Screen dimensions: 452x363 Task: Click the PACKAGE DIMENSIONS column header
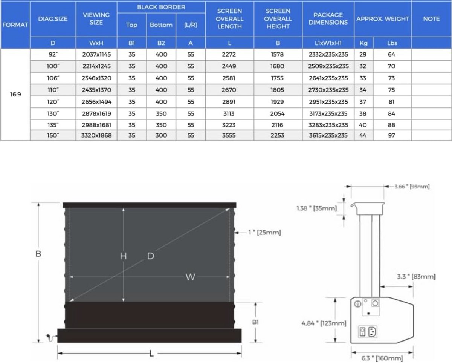328,19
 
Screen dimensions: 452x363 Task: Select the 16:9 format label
15,94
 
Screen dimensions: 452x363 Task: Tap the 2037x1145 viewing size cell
96,54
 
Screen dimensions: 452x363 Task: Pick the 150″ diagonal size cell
53,135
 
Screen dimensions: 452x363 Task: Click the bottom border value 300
161,135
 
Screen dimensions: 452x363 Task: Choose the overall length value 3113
229,114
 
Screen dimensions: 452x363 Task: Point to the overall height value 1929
277,102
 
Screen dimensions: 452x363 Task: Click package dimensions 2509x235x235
328,66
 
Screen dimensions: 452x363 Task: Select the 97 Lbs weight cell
391,135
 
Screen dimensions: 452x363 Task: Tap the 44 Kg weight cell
363,135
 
